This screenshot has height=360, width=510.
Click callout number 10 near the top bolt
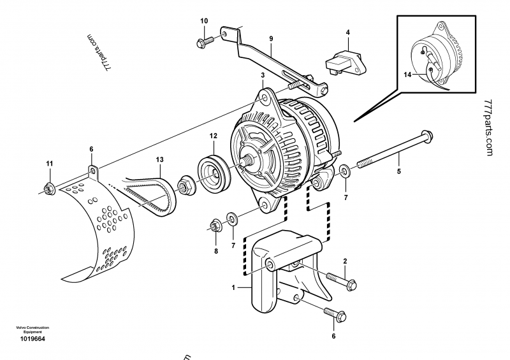(205, 21)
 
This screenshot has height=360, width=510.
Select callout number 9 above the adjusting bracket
(271, 38)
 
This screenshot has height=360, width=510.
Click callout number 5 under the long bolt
(400, 171)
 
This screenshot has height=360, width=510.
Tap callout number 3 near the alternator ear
(261, 76)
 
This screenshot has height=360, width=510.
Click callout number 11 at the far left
(50, 166)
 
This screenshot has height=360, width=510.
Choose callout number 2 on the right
(345, 261)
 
